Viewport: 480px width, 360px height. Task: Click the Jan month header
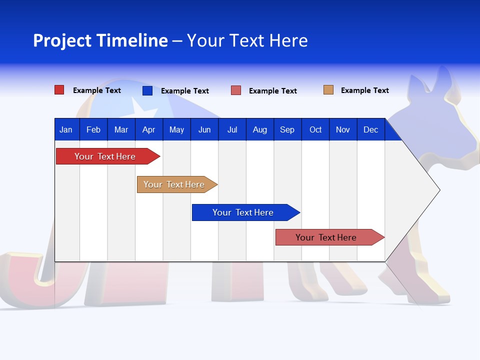(x=66, y=129)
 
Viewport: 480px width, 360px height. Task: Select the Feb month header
(x=93, y=129)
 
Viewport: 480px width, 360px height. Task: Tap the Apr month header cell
(x=148, y=129)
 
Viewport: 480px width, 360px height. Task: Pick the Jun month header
(x=204, y=129)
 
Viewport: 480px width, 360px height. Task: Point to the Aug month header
(x=260, y=129)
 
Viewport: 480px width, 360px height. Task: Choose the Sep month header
(x=287, y=129)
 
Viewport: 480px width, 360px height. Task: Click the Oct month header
(x=315, y=129)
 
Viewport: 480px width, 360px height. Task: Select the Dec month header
(x=371, y=129)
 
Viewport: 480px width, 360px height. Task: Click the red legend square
(x=59, y=90)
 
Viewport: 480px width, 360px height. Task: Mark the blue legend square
(x=147, y=90)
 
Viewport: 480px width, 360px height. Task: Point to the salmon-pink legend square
(x=236, y=90)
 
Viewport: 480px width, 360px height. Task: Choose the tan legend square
(x=328, y=90)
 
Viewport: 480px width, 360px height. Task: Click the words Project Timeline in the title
(x=100, y=40)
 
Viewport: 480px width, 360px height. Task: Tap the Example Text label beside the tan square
(x=365, y=90)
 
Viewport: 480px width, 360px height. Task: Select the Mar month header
(x=121, y=129)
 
